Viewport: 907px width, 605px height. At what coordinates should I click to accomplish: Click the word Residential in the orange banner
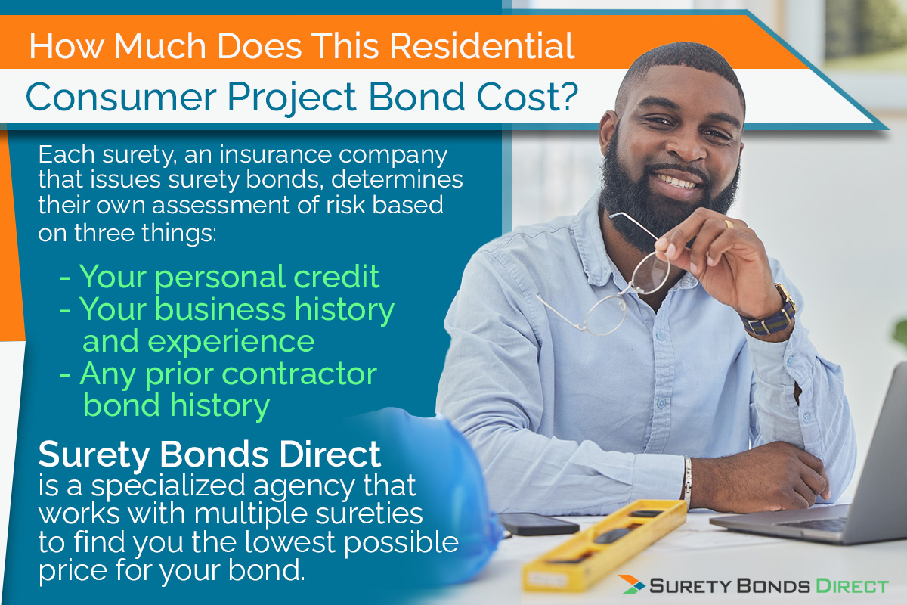(482, 46)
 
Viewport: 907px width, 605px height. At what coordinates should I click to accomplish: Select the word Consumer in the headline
(121, 98)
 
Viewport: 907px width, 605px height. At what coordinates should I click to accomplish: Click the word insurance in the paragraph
(275, 154)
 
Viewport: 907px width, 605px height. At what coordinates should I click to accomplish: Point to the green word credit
(336, 277)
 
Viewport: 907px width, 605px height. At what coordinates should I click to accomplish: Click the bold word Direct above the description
(330, 455)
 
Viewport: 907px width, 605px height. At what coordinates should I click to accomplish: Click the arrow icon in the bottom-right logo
(633, 585)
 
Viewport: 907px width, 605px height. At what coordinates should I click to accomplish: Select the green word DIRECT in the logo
(852, 586)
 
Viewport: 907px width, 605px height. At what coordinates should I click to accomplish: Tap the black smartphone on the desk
(538, 524)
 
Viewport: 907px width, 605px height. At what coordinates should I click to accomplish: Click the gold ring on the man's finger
(729, 224)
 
